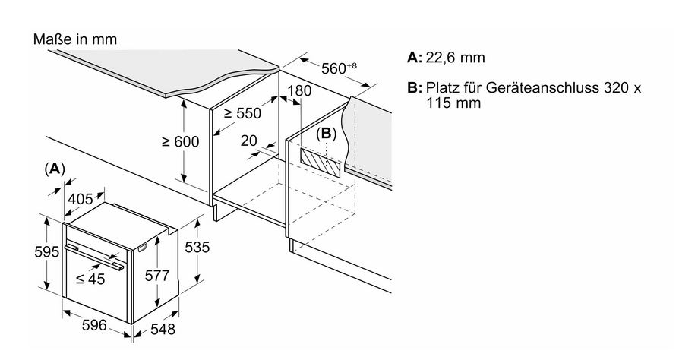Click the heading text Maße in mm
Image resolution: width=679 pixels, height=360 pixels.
[x=75, y=39]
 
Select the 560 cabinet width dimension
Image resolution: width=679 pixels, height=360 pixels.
[x=335, y=69]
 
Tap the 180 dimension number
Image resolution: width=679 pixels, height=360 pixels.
[x=300, y=91]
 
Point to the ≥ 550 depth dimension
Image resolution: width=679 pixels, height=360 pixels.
[x=242, y=114]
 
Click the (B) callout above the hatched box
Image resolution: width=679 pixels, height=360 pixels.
[x=326, y=134]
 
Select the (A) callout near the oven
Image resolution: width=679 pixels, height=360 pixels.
[x=55, y=168]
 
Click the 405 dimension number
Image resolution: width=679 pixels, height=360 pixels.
[x=81, y=200]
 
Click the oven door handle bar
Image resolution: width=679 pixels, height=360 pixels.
[x=95, y=257]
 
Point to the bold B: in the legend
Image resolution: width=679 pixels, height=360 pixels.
[x=414, y=88]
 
